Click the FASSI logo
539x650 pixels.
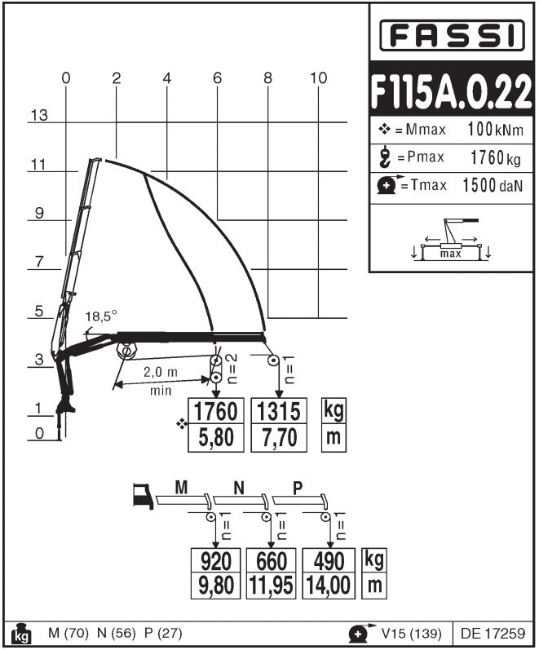[x=453, y=35]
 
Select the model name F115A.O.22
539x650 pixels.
[x=452, y=91]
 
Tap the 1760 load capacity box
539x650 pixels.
[x=215, y=411]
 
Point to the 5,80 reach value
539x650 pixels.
[x=215, y=438]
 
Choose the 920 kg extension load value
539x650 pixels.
[x=216, y=561]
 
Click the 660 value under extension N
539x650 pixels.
[x=272, y=561]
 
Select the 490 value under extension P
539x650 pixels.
[x=329, y=561]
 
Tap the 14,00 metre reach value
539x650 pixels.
[x=329, y=586]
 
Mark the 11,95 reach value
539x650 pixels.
[x=272, y=586]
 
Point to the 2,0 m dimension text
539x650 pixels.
[x=161, y=373]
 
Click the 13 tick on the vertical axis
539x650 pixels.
[x=38, y=115]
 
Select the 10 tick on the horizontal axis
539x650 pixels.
[x=319, y=78]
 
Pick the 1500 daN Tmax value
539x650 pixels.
[x=492, y=185]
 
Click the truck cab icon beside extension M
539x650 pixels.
[x=142, y=495]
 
